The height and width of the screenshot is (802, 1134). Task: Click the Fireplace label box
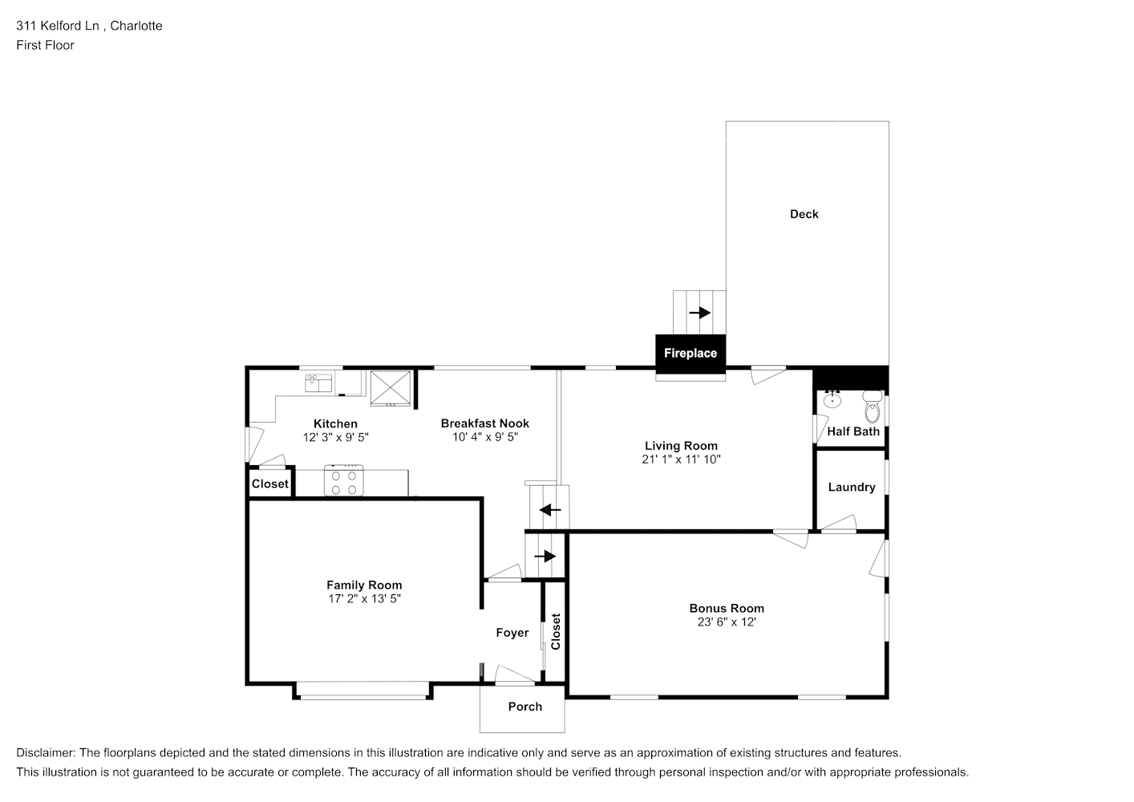(690, 354)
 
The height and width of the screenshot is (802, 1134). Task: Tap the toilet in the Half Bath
(872, 408)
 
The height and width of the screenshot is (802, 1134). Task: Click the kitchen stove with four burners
(344, 481)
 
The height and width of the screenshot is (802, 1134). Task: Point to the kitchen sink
(318, 383)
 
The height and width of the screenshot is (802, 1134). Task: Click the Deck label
(804, 214)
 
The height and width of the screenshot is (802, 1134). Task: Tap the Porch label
(524, 707)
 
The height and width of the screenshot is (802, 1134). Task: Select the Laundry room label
(851, 487)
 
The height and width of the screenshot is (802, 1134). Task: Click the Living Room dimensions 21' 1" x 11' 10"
(681, 460)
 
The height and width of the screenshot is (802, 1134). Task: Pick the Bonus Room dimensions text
(727, 622)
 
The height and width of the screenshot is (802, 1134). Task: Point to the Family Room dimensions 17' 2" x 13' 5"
(363, 598)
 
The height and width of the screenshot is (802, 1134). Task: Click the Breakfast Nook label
(484, 423)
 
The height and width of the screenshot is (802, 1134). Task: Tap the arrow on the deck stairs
(700, 313)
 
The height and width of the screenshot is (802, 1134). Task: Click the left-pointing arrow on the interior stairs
(550, 510)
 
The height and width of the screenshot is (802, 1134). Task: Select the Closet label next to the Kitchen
(269, 484)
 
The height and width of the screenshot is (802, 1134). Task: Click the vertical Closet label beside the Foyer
(555, 632)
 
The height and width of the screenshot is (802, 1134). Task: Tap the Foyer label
(512, 633)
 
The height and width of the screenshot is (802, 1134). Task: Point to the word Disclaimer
(45, 753)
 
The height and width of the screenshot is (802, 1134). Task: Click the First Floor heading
(45, 45)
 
